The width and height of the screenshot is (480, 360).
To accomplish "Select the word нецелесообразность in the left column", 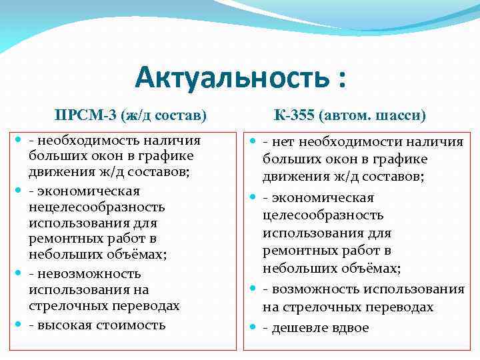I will [96, 207].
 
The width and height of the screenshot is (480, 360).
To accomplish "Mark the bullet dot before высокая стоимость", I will [19, 325].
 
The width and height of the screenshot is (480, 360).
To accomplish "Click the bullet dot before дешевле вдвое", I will [253, 328].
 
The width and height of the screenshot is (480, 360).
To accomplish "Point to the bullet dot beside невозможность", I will [19, 273].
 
